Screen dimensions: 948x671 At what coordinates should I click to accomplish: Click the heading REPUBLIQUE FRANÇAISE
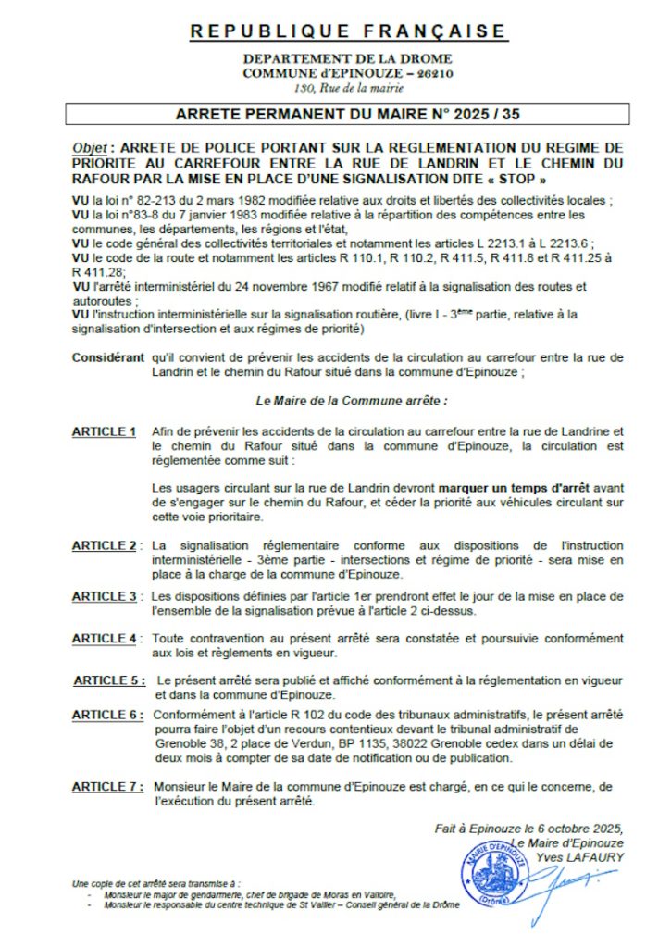coord(348,31)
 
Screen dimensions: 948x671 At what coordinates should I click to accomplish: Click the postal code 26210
coord(434,72)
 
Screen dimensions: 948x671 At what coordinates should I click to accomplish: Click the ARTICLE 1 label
coord(104,431)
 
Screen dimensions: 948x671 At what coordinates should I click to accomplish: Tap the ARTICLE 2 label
coord(105,546)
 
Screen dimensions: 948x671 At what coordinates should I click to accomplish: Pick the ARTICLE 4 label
coord(105,639)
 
